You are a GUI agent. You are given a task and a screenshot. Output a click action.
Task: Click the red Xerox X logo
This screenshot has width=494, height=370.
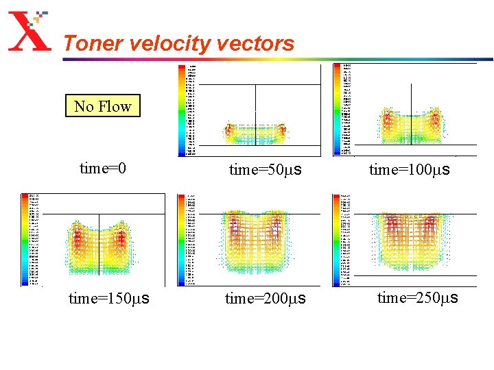tap(30, 34)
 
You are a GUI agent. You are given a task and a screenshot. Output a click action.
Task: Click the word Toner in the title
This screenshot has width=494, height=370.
tap(88, 44)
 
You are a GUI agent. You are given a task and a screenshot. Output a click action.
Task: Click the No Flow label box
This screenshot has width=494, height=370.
tap(103, 106)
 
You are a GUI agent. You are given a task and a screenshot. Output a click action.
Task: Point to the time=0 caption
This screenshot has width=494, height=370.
tap(103, 169)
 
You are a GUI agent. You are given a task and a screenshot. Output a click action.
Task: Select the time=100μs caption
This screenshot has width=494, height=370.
tap(409, 169)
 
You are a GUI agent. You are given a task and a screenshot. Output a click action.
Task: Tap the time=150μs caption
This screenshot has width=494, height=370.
tap(110, 299)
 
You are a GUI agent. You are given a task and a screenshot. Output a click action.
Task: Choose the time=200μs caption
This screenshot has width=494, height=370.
tap(265, 299)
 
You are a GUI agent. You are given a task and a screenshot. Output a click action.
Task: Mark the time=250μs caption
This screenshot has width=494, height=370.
tap(417, 298)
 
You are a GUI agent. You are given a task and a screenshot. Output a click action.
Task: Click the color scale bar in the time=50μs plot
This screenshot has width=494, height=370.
tap(182, 110)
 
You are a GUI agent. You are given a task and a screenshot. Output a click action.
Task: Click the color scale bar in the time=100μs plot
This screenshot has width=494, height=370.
tap(337, 110)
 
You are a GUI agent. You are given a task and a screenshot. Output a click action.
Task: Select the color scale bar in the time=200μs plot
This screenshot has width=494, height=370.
tap(182, 239)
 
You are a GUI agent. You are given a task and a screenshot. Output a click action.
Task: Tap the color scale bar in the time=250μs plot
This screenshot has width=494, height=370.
tap(337, 239)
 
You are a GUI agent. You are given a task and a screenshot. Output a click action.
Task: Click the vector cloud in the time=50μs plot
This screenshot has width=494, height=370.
tap(255, 134)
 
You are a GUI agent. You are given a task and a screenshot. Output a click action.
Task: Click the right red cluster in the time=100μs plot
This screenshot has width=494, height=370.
tap(434, 122)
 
